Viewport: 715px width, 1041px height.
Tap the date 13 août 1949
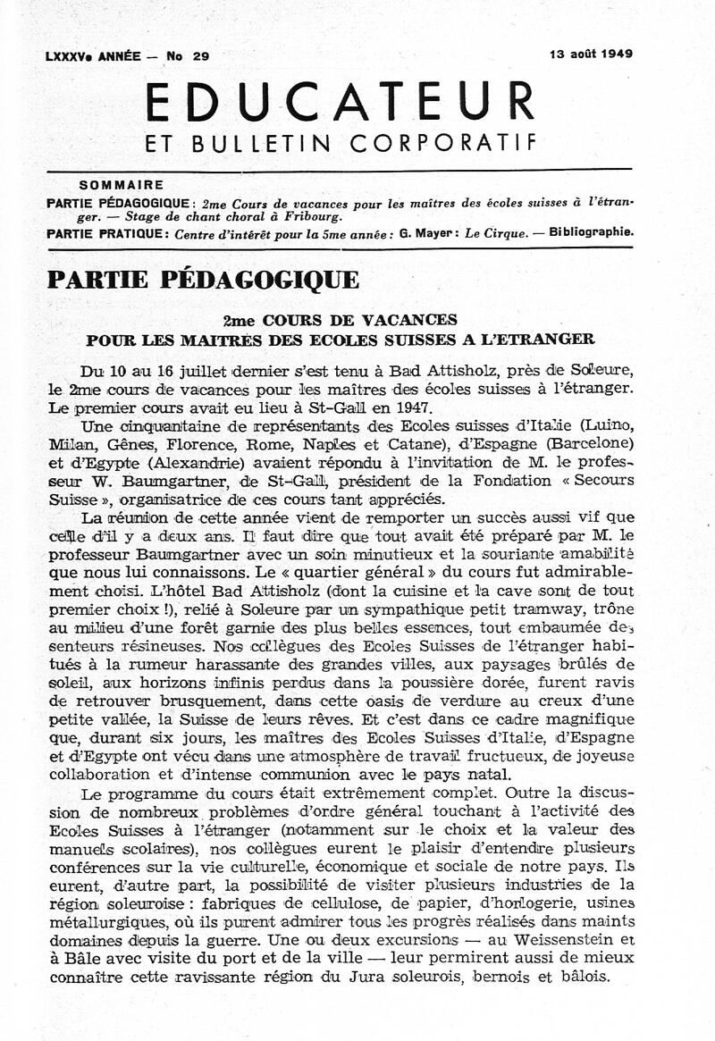591,54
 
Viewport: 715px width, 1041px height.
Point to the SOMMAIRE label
122,186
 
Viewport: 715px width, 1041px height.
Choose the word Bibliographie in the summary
592,232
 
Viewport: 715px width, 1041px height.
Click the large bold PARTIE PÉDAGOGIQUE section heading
203,280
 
